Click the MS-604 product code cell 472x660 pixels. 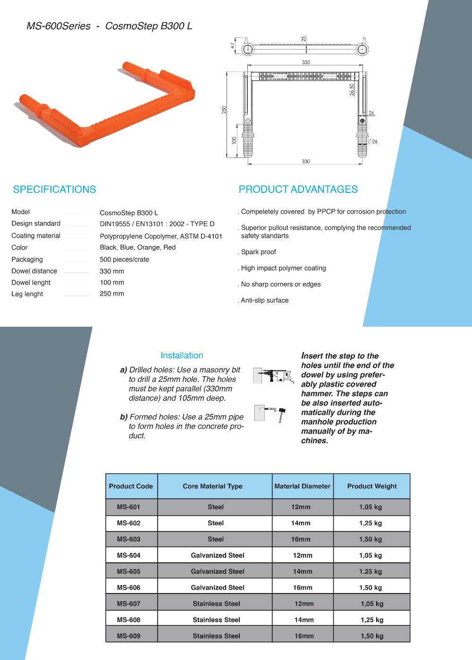click(128, 555)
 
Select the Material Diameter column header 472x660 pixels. click(303, 486)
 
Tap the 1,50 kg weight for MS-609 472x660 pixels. click(372, 636)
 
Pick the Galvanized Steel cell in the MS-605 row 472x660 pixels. click(218, 571)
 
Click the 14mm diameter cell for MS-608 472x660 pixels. click(304, 620)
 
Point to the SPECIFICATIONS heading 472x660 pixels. click(55, 190)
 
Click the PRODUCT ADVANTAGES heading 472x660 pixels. click(298, 190)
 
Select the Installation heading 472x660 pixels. click(182, 355)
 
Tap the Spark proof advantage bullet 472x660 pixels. click(258, 252)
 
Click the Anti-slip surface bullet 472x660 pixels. click(264, 300)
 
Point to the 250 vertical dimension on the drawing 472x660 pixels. click(224, 109)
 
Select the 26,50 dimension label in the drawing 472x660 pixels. click(352, 90)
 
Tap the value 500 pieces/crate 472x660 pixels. click(125, 259)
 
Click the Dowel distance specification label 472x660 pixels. click(34, 271)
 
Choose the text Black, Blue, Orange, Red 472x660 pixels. click(138, 247)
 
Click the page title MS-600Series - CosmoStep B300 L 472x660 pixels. click(110, 26)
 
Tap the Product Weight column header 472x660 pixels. click(372, 486)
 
